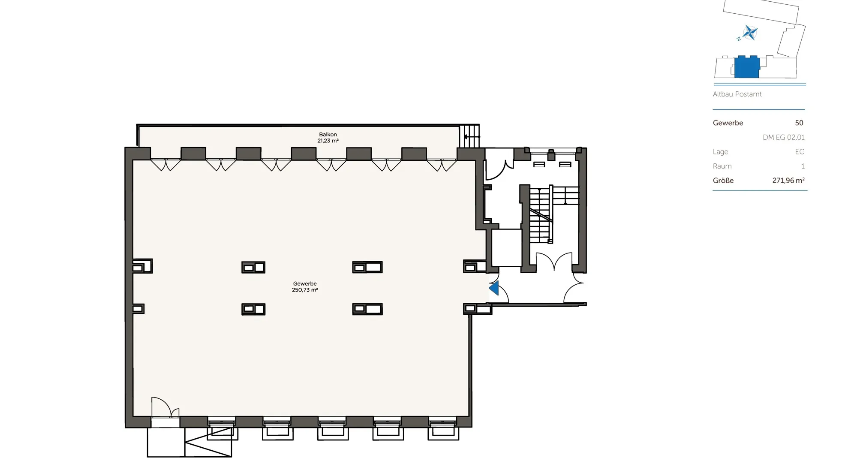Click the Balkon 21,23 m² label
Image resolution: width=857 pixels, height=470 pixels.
tap(328, 138)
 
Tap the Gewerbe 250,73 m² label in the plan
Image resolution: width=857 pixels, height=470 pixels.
tap(305, 287)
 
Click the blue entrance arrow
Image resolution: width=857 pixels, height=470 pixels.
tap(494, 288)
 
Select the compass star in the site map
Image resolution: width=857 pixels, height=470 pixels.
tap(750, 33)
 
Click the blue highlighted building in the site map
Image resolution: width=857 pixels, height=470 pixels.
tap(747, 67)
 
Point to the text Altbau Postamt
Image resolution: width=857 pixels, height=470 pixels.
tap(737, 94)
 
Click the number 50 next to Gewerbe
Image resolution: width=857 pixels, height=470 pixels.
tap(799, 123)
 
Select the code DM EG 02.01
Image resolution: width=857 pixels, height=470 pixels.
tap(783, 138)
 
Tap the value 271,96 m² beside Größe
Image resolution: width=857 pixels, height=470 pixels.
tap(788, 181)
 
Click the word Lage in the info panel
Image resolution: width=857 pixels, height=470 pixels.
tap(720, 152)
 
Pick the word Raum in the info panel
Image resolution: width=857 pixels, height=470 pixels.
tap(722, 166)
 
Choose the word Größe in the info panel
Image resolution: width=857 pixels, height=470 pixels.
tap(723, 181)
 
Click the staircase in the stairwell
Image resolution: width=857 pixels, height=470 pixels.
tap(540, 214)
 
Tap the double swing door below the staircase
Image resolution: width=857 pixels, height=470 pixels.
tap(554, 261)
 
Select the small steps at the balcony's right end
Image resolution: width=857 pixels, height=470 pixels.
tap(469, 136)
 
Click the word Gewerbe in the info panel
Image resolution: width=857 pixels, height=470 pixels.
tap(728, 123)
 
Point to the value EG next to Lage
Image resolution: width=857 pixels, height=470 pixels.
tap(800, 152)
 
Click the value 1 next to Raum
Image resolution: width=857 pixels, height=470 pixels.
tap(803, 166)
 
